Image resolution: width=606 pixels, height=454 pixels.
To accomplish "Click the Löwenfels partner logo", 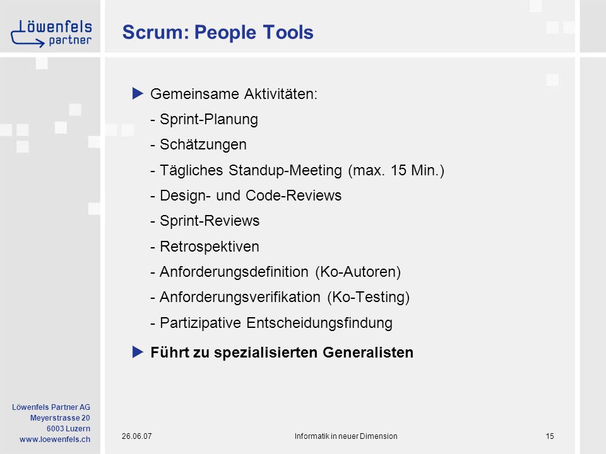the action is click(51, 33).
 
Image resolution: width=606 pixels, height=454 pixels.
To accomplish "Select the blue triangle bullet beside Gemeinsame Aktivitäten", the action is click(138, 93).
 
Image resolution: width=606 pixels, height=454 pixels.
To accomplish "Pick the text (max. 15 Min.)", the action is click(396, 170).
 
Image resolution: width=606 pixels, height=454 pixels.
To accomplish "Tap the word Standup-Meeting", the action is click(285, 170).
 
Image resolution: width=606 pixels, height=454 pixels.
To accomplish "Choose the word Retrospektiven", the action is click(210, 247).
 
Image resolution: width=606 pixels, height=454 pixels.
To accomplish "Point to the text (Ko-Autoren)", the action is click(358, 272).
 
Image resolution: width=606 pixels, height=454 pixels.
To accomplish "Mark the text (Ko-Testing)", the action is click(368, 297).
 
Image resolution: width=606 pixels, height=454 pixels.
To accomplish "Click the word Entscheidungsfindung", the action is click(319, 323).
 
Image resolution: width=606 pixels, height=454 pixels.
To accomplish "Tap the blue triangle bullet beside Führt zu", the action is click(138, 352).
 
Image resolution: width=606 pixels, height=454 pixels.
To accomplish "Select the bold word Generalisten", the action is click(368, 352).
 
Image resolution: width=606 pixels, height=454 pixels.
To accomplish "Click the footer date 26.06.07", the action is click(137, 436).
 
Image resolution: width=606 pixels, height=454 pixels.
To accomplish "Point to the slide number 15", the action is click(550, 436).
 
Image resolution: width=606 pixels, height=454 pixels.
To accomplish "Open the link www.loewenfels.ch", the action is click(55, 439).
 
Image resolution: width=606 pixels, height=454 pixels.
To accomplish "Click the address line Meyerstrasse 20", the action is click(60, 417).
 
